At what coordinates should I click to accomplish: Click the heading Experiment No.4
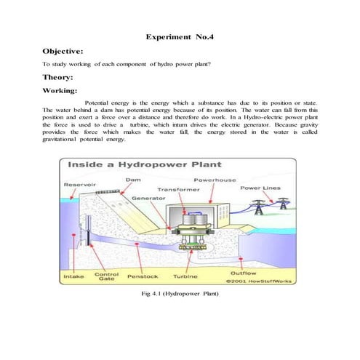[x=180, y=36]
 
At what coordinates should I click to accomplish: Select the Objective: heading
[x=68, y=52]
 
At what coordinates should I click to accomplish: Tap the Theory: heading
[x=62, y=77]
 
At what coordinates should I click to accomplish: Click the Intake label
[x=74, y=276]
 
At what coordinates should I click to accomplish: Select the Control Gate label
[x=106, y=277]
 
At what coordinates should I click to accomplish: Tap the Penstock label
[x=143, y=276]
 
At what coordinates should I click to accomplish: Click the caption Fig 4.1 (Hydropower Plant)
[x=178, y=295]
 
